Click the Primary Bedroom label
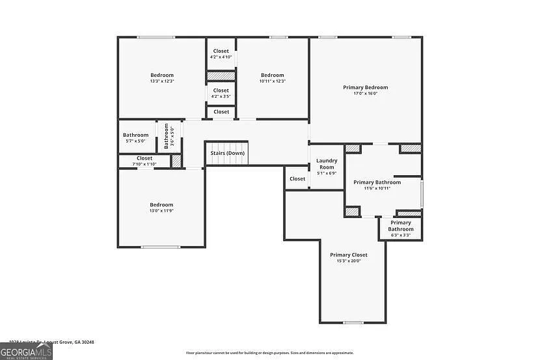[365, 87]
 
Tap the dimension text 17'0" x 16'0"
[365, 94]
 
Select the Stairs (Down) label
[227, 153]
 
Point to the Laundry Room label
[326, 164]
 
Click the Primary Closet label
[348, 255]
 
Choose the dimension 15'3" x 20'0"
[348, 261]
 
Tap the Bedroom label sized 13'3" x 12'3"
[162, 75]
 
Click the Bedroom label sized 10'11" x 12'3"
[272, 75]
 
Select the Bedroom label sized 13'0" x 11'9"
[162, 204]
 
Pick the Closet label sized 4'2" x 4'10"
[221, 51]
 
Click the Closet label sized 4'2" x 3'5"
[221, 90]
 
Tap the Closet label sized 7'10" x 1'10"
[144, 158]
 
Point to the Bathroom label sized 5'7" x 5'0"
[135, 135]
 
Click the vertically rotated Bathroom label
[166, 136]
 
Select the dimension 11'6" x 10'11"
[377, 188]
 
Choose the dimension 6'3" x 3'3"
[401, 235]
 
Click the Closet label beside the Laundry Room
[297, 178]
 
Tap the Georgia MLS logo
[26, 352]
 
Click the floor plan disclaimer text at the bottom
[270, 353]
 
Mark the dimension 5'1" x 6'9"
[326, 174]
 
